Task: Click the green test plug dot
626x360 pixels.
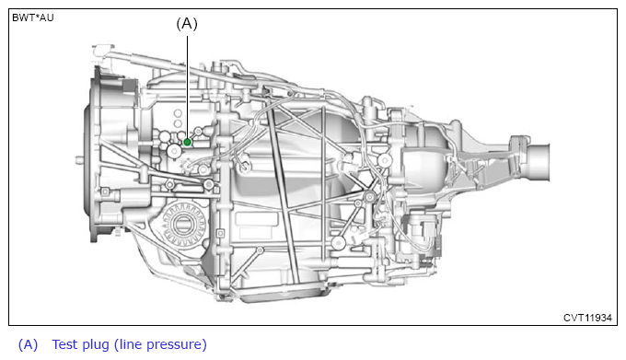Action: click(x=187, y=142)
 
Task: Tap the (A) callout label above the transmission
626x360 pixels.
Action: click(x=187, y=24)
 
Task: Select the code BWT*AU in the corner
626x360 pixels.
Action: click(x=33, y=17)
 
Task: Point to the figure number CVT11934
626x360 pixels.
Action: click(x=587, y=318)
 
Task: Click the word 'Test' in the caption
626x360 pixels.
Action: click(x=65, y=344)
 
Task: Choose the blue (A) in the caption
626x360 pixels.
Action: click(x=28, y=344)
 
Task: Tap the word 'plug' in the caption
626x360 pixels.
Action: click(x=96, y=345)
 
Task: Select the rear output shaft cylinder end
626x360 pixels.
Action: click(x=539, y=162)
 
